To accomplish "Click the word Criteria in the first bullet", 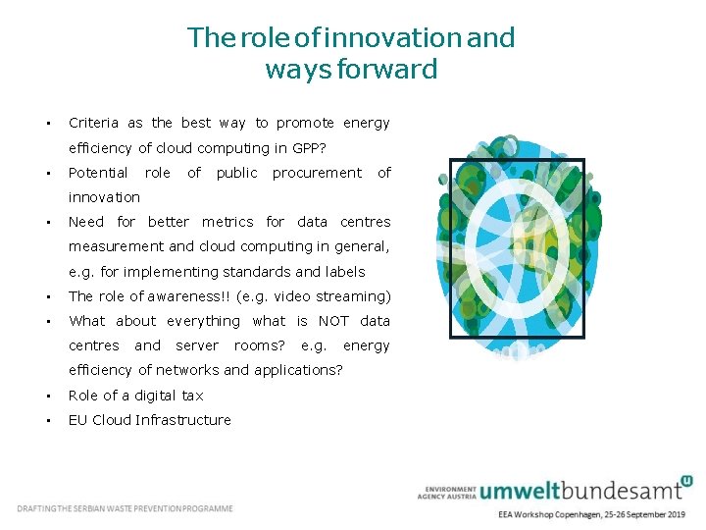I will [93, 123].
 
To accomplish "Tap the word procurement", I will [317, 173].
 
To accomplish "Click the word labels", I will [344, 272].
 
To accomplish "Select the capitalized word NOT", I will [333, 321].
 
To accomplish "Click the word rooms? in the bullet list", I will [260, 345].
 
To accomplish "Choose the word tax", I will [193, 396].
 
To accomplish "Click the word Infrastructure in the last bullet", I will [185, 420].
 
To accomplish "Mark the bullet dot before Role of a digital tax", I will [47, 396].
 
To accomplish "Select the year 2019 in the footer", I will [672, 514].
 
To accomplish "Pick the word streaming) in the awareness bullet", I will [356, 296].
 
